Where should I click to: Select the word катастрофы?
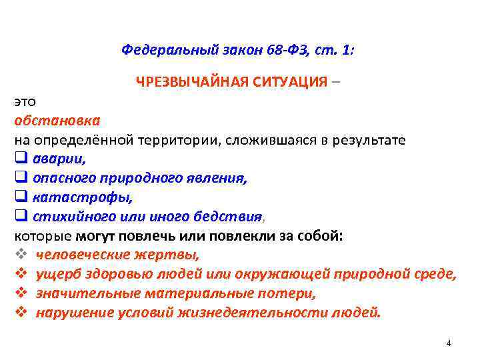pos(82,198)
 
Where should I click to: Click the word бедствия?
pos(232,217)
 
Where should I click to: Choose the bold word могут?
pos(97,236)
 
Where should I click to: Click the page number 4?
pos(449,343)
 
